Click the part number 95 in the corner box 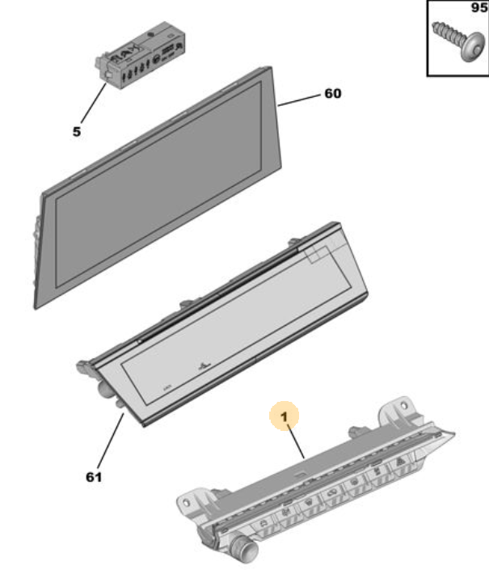pyautogui.click(x=479, y=7)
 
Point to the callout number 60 pyautogui.click(x=333, y=94)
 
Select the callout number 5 pyautogui.click(x=77, y=132)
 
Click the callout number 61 pyautogui.click(x=94, y=477)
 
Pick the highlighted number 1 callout pyautogui.click(x=285, y=416)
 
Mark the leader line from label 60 pyautogui.click(x=299, y=100)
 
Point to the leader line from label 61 pyautogui.click(x=111, y=440)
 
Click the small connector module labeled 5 pyautogui.click(x=141, y=56)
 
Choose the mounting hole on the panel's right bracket pyautogui.click(x=403, y=405)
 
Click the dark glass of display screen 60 pyautogui.click(x=159, y=184)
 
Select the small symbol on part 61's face pyautogui.click(x=204, y=365)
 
